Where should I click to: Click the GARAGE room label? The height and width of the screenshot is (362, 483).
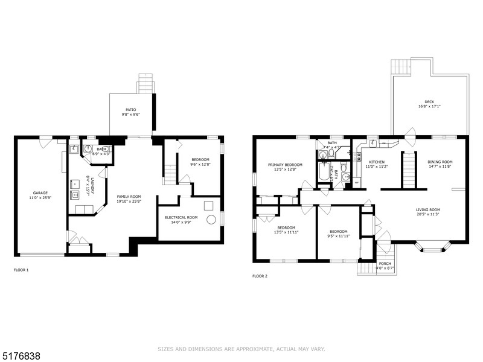40,193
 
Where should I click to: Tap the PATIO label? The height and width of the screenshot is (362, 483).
131,110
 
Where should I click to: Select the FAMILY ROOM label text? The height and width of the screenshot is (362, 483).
129,196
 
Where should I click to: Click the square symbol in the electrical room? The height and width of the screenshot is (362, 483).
208,205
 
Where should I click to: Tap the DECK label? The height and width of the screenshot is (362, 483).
429,102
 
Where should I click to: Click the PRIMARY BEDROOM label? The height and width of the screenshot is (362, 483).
285,165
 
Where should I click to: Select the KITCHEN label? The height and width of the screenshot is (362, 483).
377,162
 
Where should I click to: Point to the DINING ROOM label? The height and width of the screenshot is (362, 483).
440,162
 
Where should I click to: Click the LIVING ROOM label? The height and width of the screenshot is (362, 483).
427,209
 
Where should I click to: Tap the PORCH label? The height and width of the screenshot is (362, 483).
385,264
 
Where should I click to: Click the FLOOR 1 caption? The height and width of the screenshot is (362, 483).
21,270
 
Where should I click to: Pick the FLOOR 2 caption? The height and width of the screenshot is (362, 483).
260,276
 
